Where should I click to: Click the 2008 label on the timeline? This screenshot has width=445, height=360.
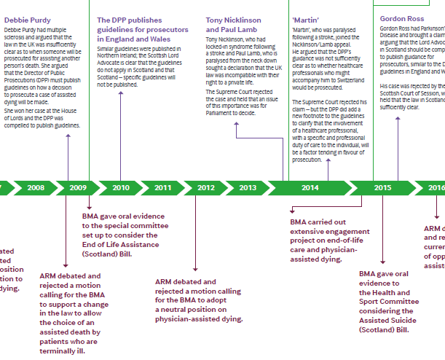tap(35, 187)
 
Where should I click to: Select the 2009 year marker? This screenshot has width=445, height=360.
tap(78, 187)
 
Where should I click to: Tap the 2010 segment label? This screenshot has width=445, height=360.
tap(121, 187)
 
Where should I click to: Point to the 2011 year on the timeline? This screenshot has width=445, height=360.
tap(163, 187)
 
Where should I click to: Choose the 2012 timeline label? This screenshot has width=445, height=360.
tap(206, 187)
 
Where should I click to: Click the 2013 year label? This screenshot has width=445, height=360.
tap(248, 187)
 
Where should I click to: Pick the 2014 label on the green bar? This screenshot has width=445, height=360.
tap(310, 187)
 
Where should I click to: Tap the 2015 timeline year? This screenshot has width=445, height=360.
tap(383, 187)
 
